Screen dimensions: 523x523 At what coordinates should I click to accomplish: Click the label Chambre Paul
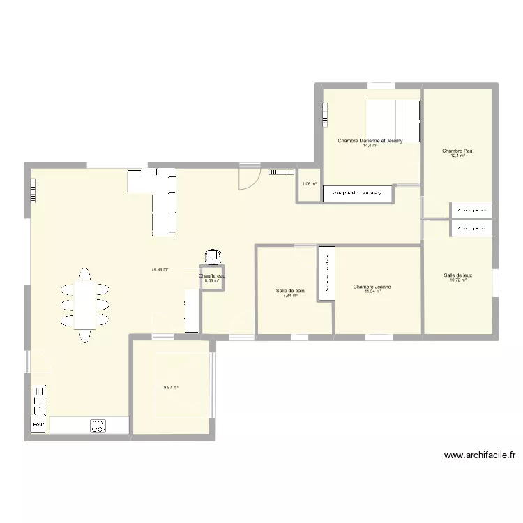(453, 150)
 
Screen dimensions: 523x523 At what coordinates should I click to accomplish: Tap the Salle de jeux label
(458, 275)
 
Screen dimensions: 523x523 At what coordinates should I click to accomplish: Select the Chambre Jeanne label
(372, 287)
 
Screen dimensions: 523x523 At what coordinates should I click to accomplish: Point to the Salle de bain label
(290, 290)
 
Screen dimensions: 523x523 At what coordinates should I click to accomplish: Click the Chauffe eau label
(212, 276)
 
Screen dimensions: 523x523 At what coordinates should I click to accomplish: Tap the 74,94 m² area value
(160, 269)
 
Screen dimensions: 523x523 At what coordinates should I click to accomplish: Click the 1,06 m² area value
(309, 185)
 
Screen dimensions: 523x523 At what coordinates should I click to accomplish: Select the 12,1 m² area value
(457, 156)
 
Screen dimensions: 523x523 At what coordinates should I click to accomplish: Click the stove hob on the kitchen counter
(96, 425)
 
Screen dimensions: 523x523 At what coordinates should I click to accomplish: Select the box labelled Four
(38, 425)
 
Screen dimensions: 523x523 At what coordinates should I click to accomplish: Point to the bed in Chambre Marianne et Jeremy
(393, 122)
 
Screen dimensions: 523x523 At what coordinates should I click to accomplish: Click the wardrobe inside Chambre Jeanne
(326, 273)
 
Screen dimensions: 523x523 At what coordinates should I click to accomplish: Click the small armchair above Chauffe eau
(212, 257)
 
